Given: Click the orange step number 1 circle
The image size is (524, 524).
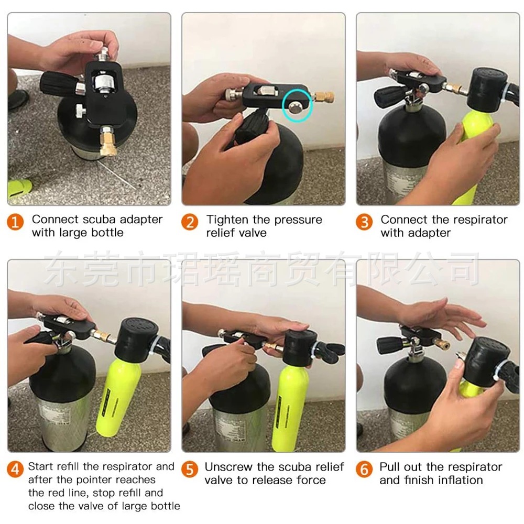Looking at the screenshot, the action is click(x=15, y=222).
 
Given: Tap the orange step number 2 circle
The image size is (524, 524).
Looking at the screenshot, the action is click(x=190, y=222).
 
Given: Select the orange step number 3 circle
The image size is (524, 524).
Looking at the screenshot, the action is click(x=364, y=222).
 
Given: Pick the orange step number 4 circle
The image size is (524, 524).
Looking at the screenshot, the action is click(x=15, y=470).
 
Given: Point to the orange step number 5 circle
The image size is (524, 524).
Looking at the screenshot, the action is click(x=190, y=470).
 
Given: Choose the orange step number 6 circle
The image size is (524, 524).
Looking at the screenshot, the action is click(x=364, y=470).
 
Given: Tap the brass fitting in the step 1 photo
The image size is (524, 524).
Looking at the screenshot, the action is click(x=109, y=140).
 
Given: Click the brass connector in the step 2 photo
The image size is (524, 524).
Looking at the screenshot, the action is click(x=323, y=97).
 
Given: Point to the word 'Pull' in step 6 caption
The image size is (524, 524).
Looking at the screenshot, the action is click(x=389, y=467).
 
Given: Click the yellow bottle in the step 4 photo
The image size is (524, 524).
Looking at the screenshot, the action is click(x=117, y=398).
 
